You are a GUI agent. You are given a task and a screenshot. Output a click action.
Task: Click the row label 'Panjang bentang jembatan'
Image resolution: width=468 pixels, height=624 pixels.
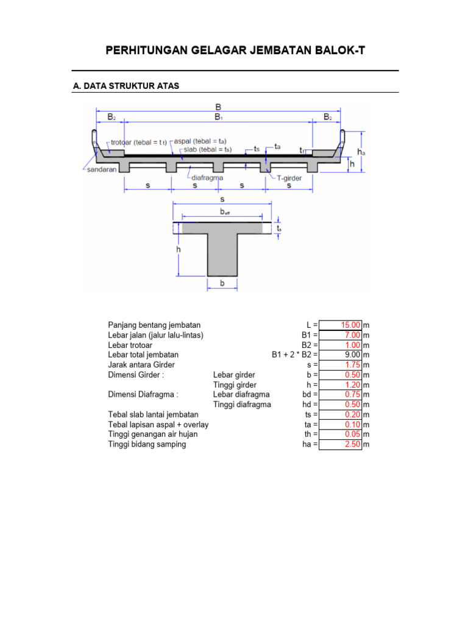154,325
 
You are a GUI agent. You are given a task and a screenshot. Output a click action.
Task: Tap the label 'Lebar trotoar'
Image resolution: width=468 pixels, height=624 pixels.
130,345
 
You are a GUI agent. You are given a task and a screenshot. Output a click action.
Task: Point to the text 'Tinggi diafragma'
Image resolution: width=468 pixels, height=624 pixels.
242,405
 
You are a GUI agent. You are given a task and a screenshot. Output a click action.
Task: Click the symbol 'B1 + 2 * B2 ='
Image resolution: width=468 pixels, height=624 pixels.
295,355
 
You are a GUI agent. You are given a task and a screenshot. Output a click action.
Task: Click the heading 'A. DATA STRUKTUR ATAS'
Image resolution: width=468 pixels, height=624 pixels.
126,87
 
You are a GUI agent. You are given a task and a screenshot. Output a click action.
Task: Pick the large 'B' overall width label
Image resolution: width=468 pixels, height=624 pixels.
218,107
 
